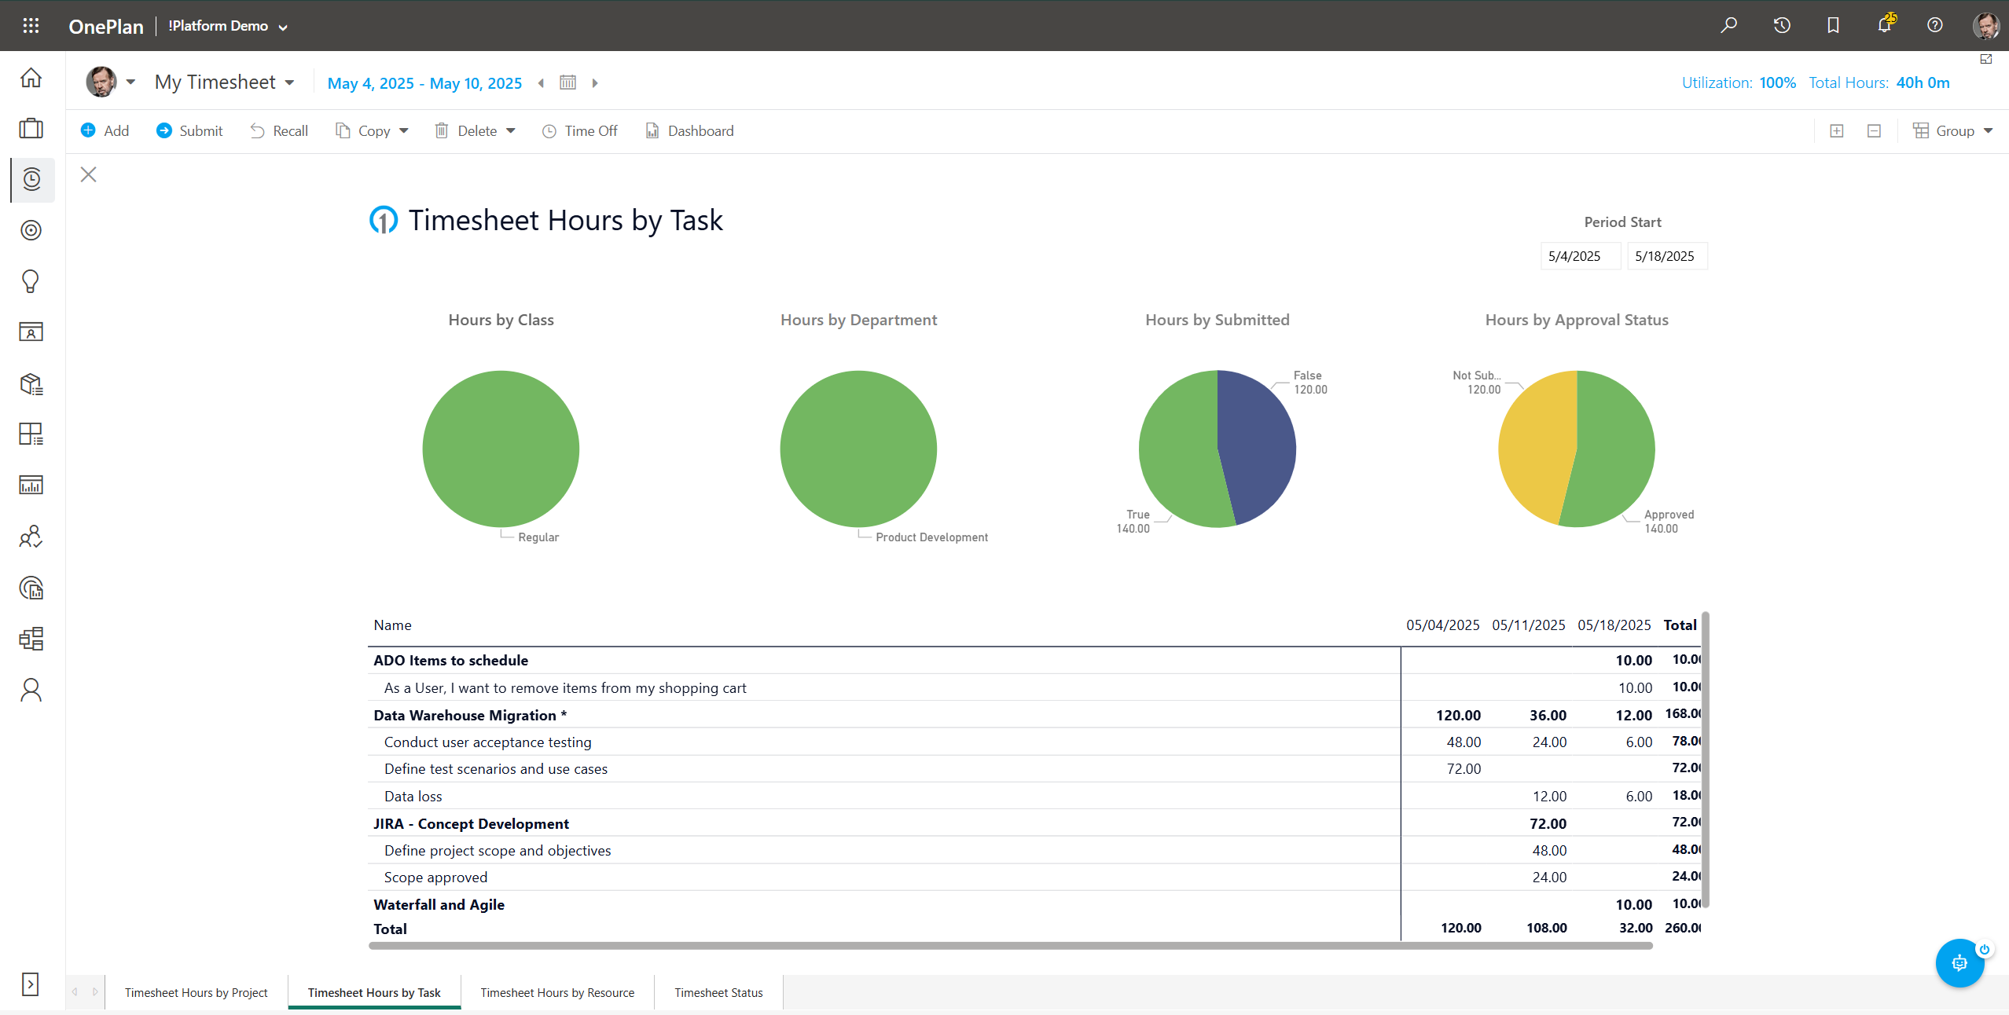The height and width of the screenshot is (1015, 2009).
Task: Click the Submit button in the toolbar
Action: [189, 131]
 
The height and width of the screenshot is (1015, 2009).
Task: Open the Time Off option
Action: [580, 131]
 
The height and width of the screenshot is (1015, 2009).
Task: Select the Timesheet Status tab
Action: [718, 993]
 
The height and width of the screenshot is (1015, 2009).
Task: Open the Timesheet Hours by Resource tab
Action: [557, 993]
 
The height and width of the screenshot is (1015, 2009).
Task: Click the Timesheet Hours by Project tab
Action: [196, 993]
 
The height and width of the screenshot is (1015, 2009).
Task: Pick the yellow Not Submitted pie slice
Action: [1533, 448]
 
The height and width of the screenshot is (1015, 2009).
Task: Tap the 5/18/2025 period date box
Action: [1665, 256]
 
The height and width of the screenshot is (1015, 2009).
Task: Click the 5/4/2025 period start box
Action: [1574, 256]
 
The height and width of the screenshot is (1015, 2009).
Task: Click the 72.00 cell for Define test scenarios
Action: [1463, 769]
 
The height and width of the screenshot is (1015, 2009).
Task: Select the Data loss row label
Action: [413, 797]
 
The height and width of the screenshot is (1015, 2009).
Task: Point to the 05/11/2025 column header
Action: [1528, 625]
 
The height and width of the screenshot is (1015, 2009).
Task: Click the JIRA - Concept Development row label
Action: [471, 824]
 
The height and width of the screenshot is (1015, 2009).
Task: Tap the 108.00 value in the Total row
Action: [1546, 928]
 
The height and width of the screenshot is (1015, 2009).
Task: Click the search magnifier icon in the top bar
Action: [1728, 25]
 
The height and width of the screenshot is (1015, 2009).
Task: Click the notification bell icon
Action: [1884, 25]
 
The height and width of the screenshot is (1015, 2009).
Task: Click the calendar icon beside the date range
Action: [567, 82]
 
